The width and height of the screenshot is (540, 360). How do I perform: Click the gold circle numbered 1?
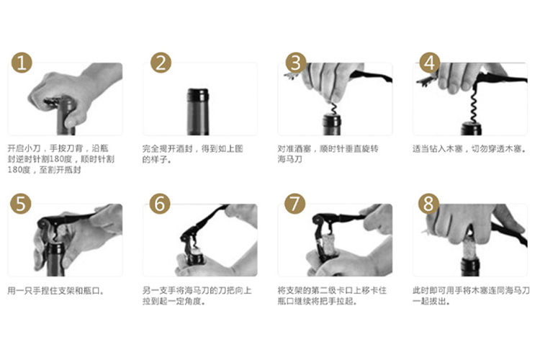pyautogui.click(x=22, y=63)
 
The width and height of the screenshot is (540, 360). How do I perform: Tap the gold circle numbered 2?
pyautogui.click(x=161, y=63)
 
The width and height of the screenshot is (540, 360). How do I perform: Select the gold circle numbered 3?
pyautogui.click(x=296, y=63)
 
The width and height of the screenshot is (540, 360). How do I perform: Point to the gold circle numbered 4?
pyautogui.click(x=429, y=63)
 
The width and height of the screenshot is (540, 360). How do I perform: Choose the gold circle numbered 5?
pyautogui.click(x=21, y=204)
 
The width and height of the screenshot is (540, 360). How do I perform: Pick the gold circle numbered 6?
pyautogui.click(x=160, y=204)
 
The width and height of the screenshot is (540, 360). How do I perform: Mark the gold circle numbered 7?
pyautogui.click(x=294, y=204)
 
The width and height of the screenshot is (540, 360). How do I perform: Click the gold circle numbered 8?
pyautogui.click(x=428, y=204)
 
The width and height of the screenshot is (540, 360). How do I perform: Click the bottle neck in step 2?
pyautogui.click(x=198, y=112)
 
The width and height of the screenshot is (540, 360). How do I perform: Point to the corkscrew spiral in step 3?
pyautogui.click(x=333, y=109)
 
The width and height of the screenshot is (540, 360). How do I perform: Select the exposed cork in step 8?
pyautogui.click(x=470, y=248)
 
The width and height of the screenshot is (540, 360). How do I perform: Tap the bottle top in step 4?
pyautogui.click(x=472, y=128)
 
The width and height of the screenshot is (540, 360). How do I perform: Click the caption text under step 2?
pyautogui.click(x=192, y=153)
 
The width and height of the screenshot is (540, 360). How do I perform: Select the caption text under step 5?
pyautogui.click(x=55, y=291)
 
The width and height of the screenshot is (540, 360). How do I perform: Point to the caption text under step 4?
pyautogui.click(x=469, y=149)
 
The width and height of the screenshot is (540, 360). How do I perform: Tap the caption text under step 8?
pyautogui.click(x=471, y=296)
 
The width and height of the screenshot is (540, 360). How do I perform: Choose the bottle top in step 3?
pyautogui.click(x=332, y=125)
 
